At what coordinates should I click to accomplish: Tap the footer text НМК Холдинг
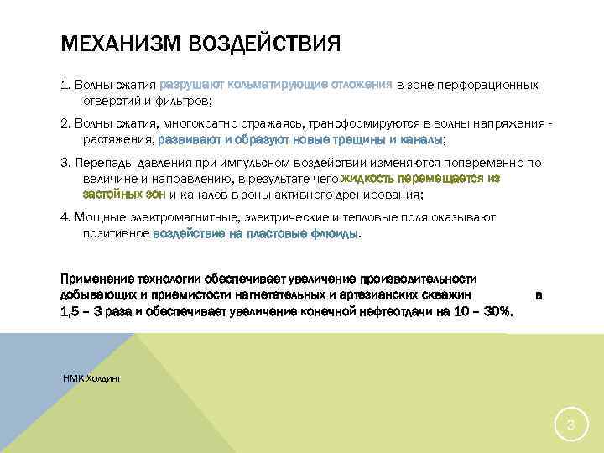[x=92, y=379]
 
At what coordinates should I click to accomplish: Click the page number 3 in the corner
[x=570, y=425]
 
